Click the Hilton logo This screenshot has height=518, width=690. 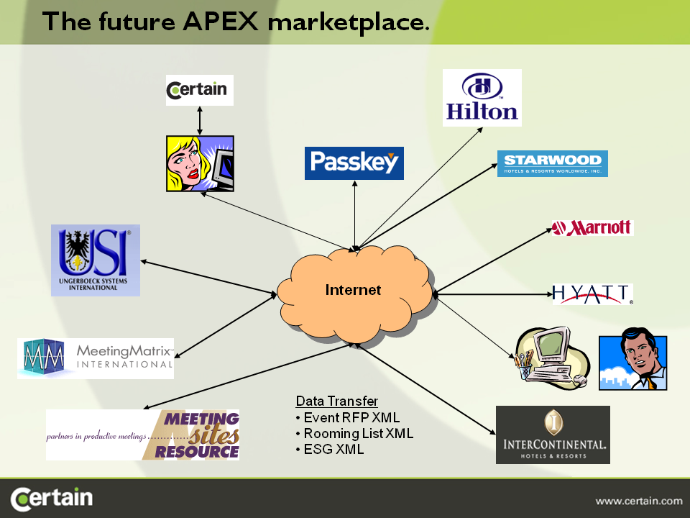coord(482,97)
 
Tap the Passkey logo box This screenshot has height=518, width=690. coord(354,163)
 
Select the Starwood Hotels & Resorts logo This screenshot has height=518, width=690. coord(553,163)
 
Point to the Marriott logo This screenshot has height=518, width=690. coord(593,228)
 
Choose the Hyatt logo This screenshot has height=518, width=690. coord(593,294)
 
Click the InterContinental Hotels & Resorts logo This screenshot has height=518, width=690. coord(553,435)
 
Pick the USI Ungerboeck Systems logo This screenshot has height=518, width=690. coord(96,260)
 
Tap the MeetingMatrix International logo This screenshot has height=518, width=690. coord(96,358)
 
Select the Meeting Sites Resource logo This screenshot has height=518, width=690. coord(142,435)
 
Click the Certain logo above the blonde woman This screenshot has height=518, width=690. coord(199,91)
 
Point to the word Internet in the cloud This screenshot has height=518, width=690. coord(353,290)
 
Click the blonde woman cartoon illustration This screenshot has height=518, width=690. coord(200,163)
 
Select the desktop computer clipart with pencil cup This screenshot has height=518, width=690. coord(552,358)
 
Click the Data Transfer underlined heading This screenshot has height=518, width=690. coord(336,401)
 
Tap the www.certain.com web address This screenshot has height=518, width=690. coord(638,501)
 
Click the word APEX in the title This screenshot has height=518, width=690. coord(221,21)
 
